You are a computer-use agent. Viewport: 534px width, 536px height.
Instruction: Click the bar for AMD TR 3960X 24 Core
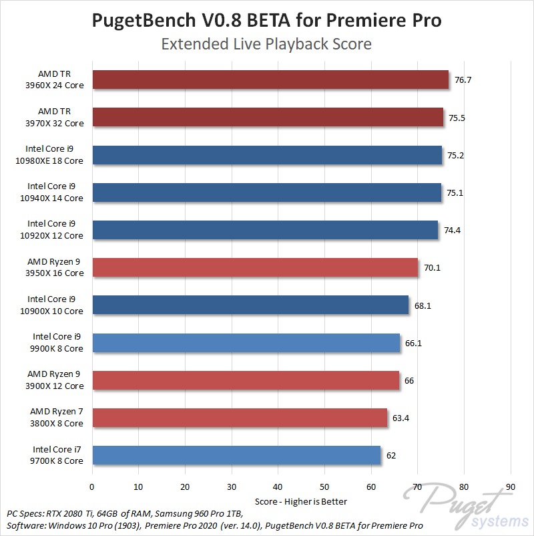[x=270, y=80]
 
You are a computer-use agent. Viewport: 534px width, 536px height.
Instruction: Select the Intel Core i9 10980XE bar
[x=267, y=155]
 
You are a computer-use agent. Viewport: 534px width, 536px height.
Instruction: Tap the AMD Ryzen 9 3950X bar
[x=255, y=267]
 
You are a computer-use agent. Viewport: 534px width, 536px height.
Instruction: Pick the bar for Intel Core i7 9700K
[x=236, y=455]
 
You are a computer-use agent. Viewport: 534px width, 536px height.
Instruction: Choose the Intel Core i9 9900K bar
[x=246, y=343]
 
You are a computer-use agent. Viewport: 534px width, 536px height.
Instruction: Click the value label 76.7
[x=463, y=80]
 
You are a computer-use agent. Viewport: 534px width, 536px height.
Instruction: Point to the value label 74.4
[x=453, y=230]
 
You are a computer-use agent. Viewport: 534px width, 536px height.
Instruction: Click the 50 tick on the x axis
[x=324, y=487]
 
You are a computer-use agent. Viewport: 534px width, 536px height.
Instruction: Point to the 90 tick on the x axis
[x=511, y=487]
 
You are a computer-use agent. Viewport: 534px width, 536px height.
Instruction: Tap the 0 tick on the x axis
[x=92, y=487]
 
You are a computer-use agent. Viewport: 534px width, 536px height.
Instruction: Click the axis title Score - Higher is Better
[x=301, y=501]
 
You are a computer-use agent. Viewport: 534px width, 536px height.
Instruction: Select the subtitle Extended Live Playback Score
[x=266, y=44]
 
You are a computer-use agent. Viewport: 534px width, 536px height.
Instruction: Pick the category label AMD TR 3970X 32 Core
[x=61, y=117]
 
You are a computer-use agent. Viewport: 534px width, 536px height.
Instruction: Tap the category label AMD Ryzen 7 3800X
[x=57, y=417]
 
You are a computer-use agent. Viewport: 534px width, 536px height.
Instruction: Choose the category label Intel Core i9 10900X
[x=55, y=305]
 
